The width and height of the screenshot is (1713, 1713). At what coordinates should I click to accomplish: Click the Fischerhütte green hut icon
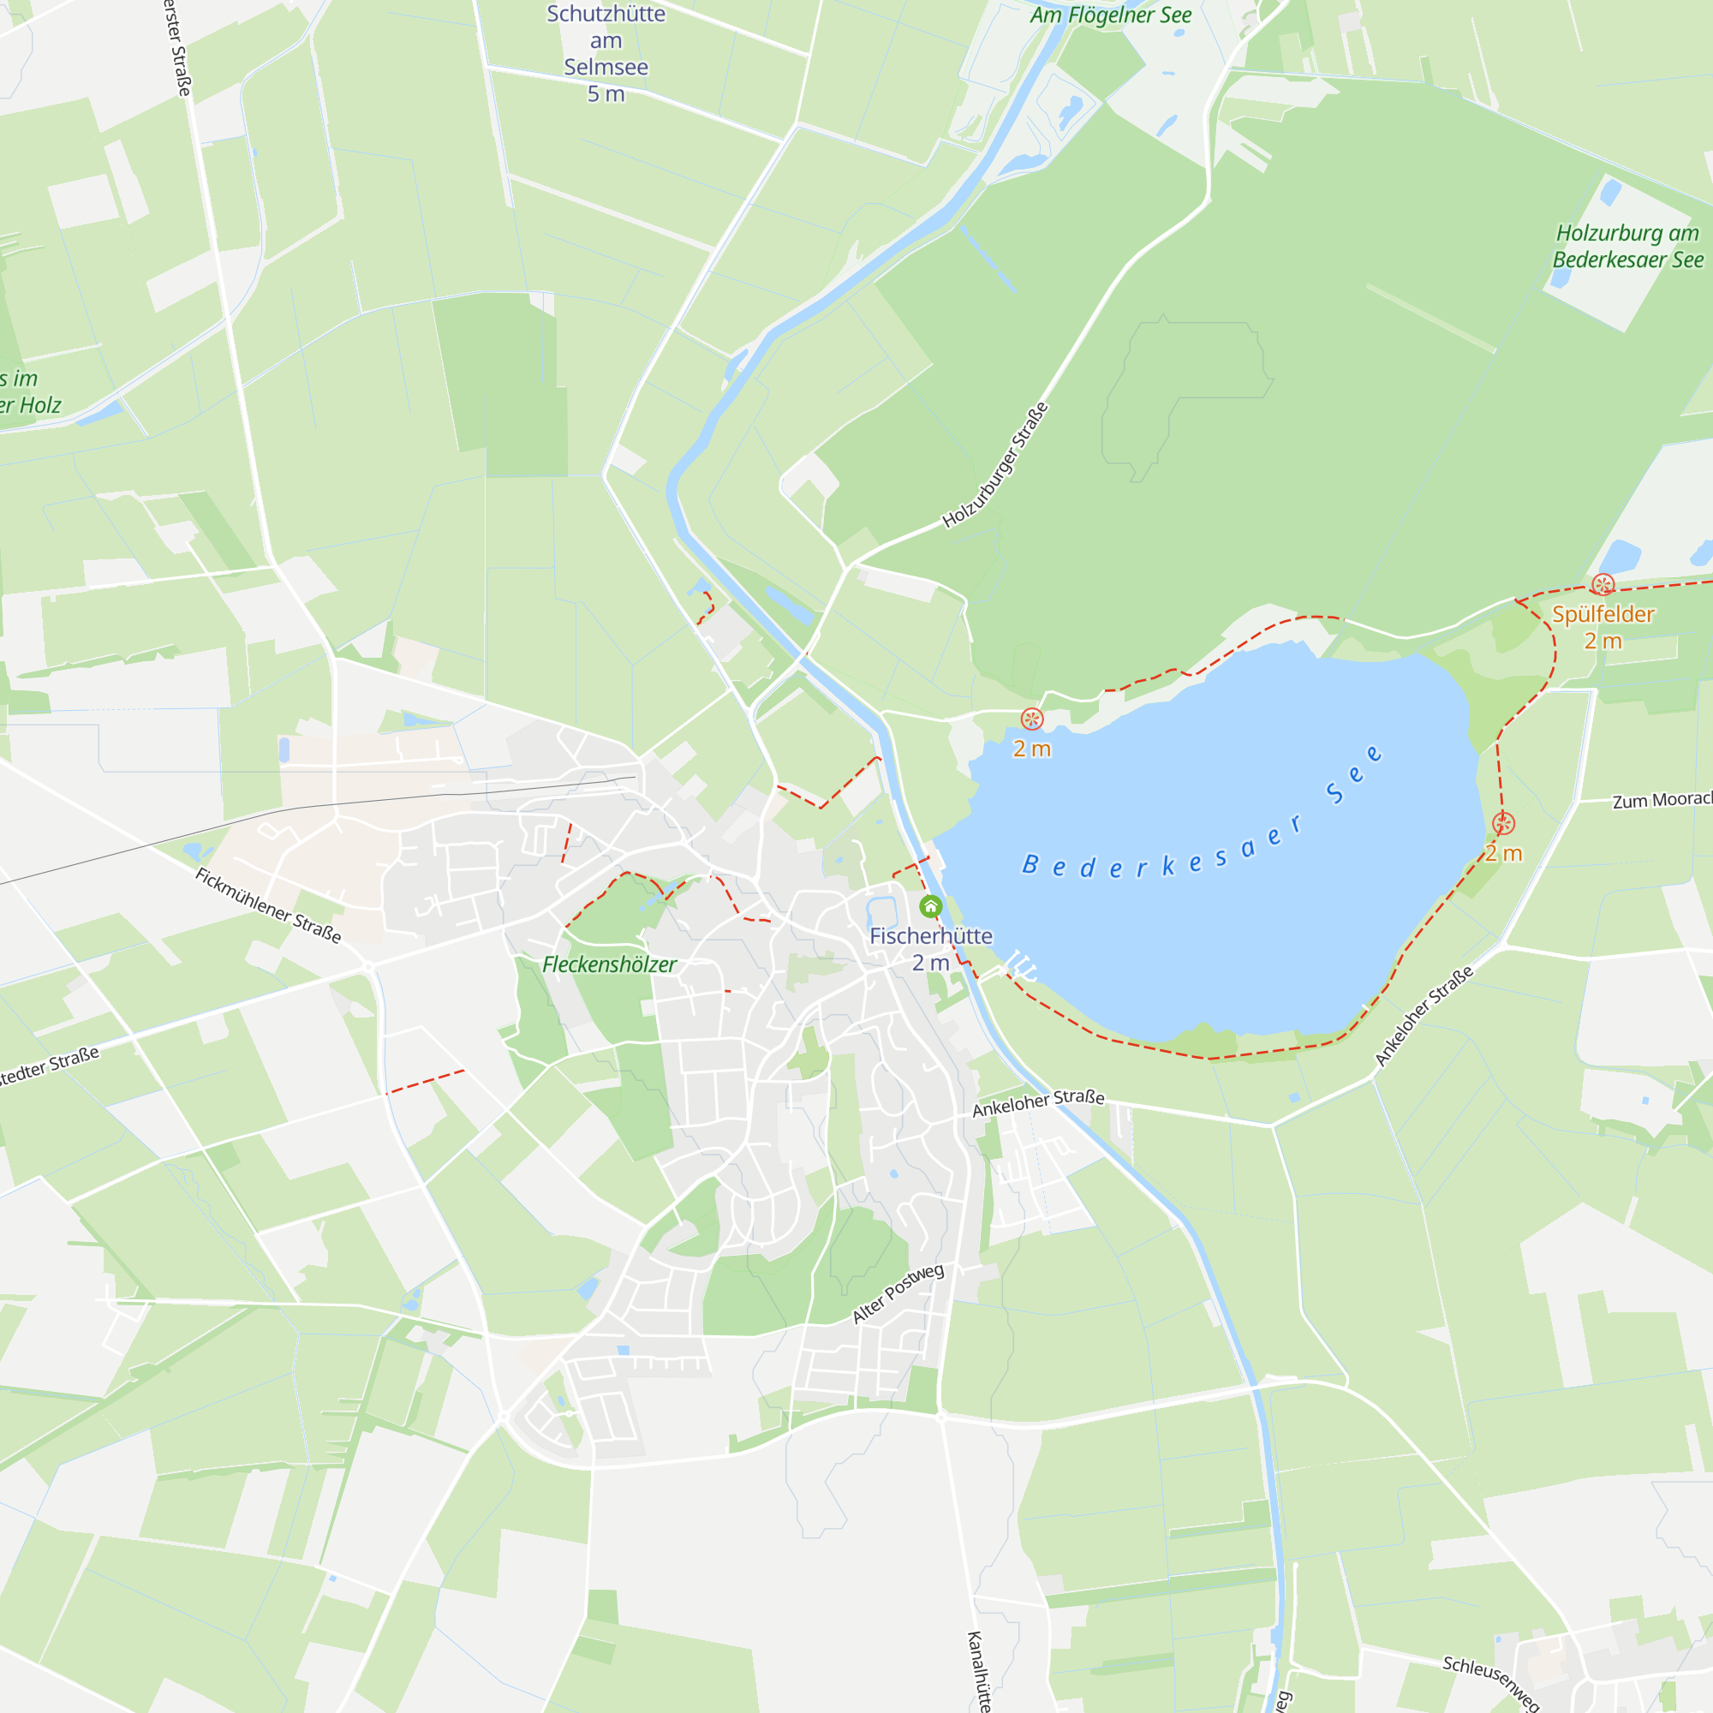click(x=930, y=906)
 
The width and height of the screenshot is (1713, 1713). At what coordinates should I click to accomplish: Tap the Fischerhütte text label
click(x=930, y=936)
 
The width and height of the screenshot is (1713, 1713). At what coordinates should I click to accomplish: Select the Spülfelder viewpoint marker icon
click(x=1603, y=584)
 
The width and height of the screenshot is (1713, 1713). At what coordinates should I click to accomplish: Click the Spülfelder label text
click(x=1603, y=614)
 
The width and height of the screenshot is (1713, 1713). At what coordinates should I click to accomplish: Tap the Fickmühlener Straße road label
click(x=268, y=905)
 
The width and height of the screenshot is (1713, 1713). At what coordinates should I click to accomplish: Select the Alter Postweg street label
click(x=898, y=1293)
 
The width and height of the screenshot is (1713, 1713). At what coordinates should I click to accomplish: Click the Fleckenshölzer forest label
click(x=609, y=964)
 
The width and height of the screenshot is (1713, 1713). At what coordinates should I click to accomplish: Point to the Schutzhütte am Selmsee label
click(x=606, y=53)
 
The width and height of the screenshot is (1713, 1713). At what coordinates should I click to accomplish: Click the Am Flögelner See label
click(x=1110, y=15)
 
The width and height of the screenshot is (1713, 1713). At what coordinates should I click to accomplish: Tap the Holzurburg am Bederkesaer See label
click(x=1627, y=247)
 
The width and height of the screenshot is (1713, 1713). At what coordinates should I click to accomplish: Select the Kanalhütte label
click(x=977, y=1670)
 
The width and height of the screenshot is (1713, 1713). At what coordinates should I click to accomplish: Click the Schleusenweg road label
click(x=1490, y=1682)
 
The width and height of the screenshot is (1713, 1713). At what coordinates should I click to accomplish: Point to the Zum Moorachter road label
click(x=1662, y=800)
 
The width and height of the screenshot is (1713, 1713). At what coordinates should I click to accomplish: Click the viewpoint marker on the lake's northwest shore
click(x=1031, y=719)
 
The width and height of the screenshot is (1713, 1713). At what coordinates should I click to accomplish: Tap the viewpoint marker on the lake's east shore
click(x=1503, y=824)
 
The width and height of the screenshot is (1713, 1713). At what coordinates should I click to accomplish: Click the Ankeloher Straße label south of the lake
click(x=1038, y=1103)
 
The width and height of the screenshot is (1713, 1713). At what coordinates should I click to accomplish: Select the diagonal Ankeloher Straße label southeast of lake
click(x=1424, y=1015)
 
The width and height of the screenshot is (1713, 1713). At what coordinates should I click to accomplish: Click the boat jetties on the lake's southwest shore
click(x=1021, y=965)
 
